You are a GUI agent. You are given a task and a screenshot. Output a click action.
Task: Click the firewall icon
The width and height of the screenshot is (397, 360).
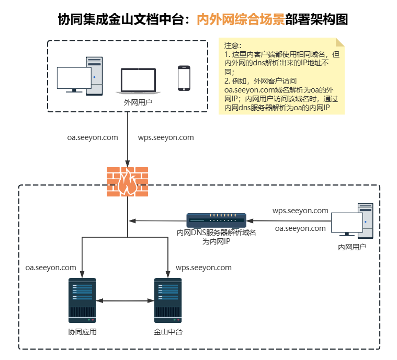(x=127, y=181)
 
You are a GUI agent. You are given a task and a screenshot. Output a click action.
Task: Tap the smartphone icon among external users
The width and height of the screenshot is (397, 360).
(x=184, y=78)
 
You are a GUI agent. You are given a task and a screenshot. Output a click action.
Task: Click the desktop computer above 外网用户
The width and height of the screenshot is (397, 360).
(x=80, y=76)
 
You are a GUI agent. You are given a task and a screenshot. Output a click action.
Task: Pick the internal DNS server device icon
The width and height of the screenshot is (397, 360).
(x=217, y=220)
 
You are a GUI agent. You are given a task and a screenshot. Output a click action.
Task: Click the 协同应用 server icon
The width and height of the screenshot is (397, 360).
(x=82, y=300)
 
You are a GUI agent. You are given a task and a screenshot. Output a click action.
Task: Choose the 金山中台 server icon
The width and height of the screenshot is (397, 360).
(x=168, y=300)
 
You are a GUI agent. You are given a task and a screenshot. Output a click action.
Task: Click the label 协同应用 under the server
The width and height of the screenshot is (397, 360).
(x=82, y=332)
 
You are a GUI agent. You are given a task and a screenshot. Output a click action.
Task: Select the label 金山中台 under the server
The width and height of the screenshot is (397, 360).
(x=168, y=332)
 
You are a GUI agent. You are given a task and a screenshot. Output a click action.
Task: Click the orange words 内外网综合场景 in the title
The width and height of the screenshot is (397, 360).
(x=241, y=20)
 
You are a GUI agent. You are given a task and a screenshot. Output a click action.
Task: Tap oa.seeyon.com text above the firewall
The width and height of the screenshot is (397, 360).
(x=93, y=138)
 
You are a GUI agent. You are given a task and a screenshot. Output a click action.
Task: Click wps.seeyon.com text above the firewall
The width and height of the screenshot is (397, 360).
(x=166, y=138)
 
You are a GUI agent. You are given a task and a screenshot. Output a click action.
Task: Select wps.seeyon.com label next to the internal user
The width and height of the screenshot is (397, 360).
(x=300, y=211)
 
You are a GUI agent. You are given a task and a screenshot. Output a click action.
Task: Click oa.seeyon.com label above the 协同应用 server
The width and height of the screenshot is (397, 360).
(x=51, y=268)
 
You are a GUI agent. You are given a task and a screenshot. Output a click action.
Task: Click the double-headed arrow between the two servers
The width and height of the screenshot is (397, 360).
(x=125, y=300)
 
